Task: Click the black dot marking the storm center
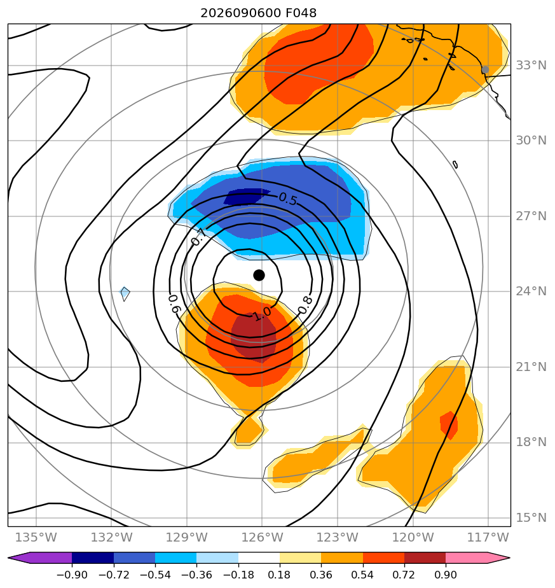(x=259, y=276)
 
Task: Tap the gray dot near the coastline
(x=485, y=70)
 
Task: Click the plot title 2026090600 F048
(x=259, y=13)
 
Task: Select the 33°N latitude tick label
(x=531, y=66)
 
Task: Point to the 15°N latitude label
(x=531, y=517)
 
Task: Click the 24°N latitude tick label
(x=531, y=291)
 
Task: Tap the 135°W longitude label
(x=36, y=537)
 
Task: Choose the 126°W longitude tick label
(x=262, y=537)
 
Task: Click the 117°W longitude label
(x=488, y=537)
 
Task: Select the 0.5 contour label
(x=288, y=200)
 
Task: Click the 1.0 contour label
(x=263, y=314)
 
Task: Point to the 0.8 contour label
(x=305, y=305)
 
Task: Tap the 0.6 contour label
(x=174, y=304)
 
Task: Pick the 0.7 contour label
(x=198, y=237)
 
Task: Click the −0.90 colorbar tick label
(x=72, y=575)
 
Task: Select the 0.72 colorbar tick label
(x=404, y=575)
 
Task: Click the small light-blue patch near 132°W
(x=125, y=293)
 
